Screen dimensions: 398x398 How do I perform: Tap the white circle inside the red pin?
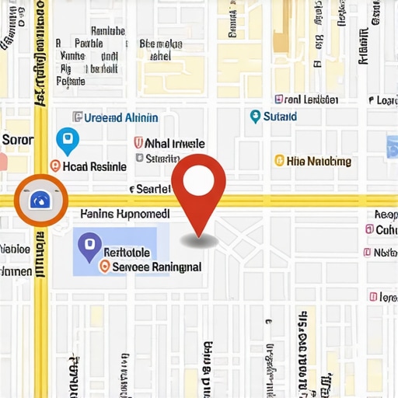pyautogui.click(x=198, y=180)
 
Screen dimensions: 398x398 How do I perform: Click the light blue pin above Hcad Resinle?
pyautogui.click(x=68, y=141)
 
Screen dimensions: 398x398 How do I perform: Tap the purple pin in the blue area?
pyautogui.click(x=89, y=247)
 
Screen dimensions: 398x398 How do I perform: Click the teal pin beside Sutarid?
pyautogui.click(x=255, y=117)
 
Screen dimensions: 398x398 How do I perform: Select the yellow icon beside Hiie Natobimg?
pyautogui.click(x=279, y=161)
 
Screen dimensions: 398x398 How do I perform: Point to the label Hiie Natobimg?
pyautogui.click(x=319, y=162)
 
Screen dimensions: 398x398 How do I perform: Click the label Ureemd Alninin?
pyautogui.click(x=120, y=117)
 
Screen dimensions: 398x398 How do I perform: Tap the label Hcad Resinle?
pyautogui.click(x=94, y=166)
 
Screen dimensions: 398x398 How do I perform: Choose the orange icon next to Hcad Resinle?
pyautogui.click(x=54, y=166)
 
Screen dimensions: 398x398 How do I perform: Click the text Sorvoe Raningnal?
pyautogui.click(x=157, y=267)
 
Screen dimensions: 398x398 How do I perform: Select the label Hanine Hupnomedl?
pyautogui.click(x=125, y=213)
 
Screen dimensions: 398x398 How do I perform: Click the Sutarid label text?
pyautogui.click(x=280, y=117)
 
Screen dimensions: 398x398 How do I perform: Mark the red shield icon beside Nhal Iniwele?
pyautogui.click(x=138, y=143)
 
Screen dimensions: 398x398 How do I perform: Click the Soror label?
pyautogui.click(x=18, y=140)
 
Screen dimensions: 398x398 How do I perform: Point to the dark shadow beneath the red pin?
pyautogui.click(x=199, y=242)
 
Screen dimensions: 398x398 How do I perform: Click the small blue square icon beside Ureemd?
pyautogui.click(x=77, y=117)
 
